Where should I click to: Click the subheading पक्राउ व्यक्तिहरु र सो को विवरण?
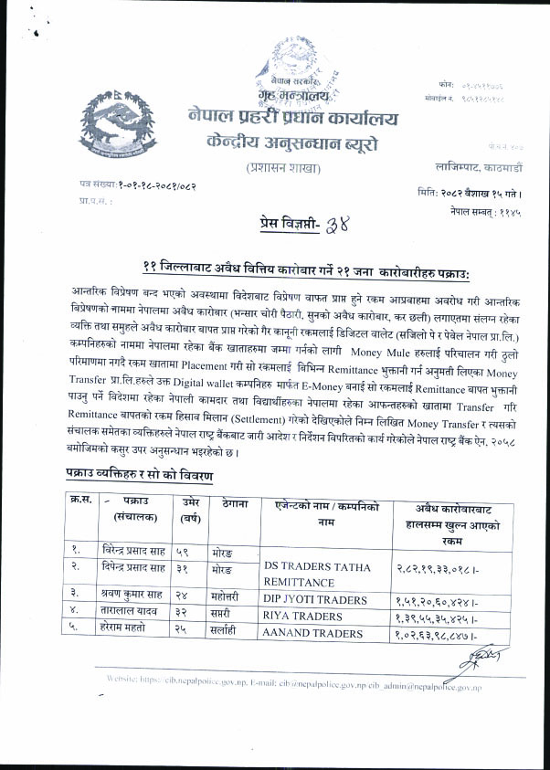tap(140, 475)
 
